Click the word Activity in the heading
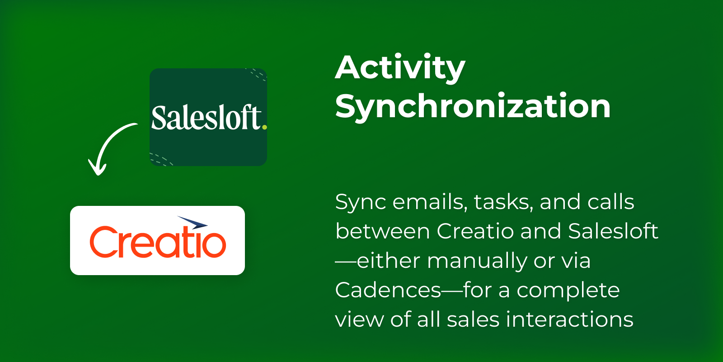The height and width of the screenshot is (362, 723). tap(400, 69)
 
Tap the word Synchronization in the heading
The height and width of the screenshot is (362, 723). tap(473, 107)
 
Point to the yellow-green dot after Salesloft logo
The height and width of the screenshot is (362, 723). tap(265, 127)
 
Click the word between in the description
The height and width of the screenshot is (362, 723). tap(383, 231)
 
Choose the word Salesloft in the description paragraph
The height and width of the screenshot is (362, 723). tap(613, 231)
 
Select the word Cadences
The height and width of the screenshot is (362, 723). tap(388, 290)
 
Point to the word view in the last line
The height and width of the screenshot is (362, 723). tap(360, 319)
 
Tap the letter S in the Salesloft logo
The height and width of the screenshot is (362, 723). tap(159, 118)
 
